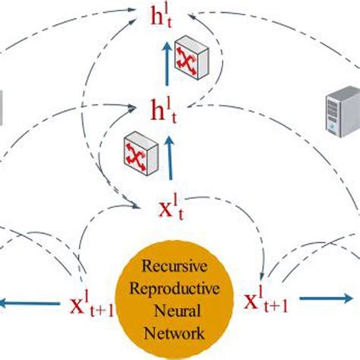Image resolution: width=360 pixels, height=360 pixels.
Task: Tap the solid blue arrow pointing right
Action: (327, 299)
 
